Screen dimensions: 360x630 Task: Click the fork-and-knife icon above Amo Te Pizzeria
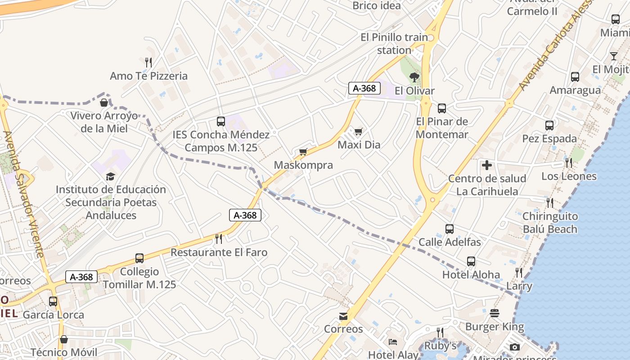[148, 62]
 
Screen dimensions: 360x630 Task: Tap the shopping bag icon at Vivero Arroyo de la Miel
[104, 103]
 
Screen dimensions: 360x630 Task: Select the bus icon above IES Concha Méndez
[220, 121]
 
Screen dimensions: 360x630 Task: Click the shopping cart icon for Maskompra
[303, 152]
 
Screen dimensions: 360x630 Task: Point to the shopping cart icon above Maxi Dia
[358, 131]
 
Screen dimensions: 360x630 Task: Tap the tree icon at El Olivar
[414, 77]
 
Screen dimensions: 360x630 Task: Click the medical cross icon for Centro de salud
[486, 166]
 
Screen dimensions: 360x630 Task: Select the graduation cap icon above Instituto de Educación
[110, 176]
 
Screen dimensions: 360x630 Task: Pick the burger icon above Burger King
[495, 313]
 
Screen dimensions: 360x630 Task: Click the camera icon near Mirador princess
[515, 347]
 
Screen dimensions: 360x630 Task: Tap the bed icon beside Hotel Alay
[393, 342]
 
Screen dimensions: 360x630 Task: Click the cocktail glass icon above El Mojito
[614, 56]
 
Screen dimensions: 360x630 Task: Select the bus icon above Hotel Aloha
[471, 261]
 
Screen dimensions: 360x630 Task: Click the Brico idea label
[377, 6]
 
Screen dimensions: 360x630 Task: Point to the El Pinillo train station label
[394, 44]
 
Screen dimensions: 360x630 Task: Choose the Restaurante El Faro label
[219, 252]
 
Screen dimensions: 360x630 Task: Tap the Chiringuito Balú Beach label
[550, 223]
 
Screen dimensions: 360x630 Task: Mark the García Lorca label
[53, 315]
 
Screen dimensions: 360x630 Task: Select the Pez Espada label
[549, 139]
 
